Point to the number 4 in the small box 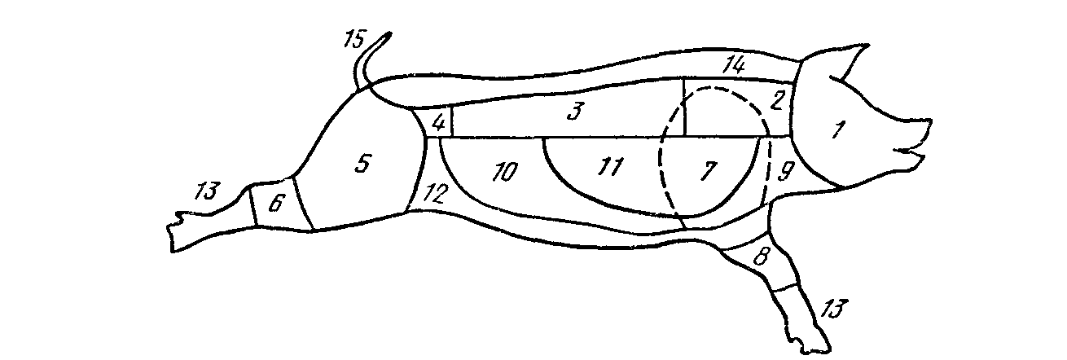point(437,124)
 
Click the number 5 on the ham point(362,163)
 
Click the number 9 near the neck point(785,171)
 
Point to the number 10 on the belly point(503,173)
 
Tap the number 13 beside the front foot point(833,310)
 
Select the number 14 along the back point(734,64)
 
